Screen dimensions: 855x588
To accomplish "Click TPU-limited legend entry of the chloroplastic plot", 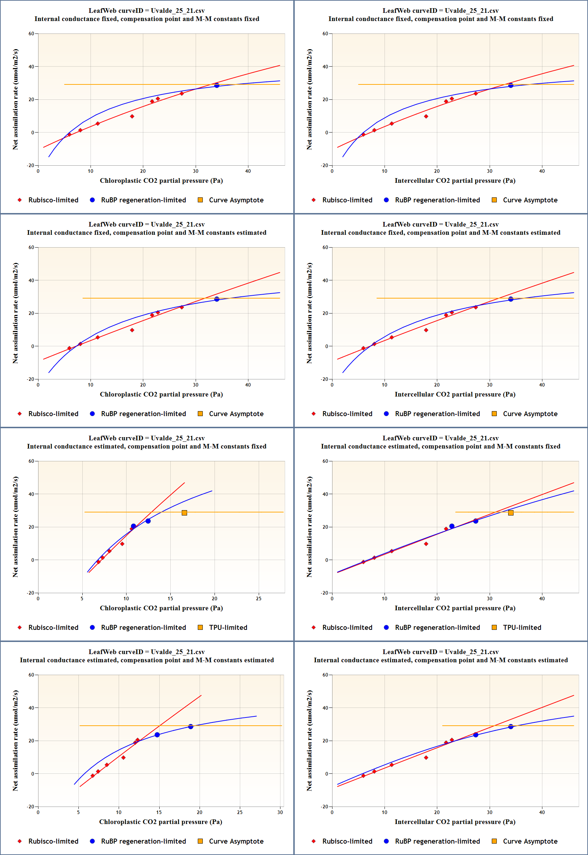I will point(228,627).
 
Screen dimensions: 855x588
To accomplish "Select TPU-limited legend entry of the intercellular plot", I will point(522,627).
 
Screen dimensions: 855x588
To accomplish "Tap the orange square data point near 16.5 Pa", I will point(184,513).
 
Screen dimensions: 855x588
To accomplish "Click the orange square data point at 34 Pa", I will point(511,513).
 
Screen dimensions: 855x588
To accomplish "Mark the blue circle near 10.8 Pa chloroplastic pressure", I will point(133,526).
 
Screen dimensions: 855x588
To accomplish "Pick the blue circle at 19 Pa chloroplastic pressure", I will point(190,726).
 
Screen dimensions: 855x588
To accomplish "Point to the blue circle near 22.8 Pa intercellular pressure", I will point(452,526).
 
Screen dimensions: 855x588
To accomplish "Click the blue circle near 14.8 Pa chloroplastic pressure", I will point(157,735).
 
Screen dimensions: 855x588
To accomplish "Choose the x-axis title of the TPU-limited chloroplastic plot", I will point(161,608).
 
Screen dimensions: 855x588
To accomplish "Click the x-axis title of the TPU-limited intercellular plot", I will point(455,608).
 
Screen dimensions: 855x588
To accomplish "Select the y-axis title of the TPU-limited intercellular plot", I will point(309,527).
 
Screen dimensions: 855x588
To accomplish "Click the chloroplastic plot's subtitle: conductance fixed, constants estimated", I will point(146,233).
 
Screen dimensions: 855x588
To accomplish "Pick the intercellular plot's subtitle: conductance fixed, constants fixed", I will point(440,19).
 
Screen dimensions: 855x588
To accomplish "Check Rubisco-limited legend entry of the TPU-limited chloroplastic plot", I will point(53,627).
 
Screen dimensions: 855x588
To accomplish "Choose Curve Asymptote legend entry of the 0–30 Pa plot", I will point(236,841).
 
